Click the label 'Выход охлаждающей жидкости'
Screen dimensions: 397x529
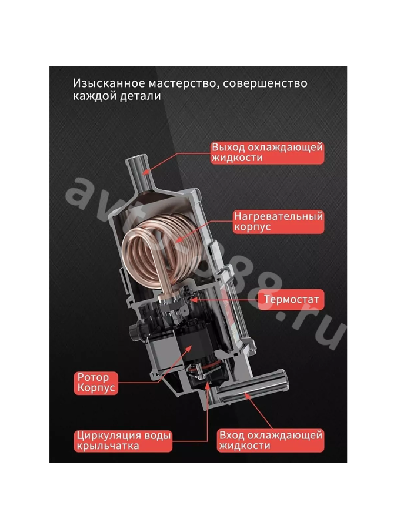[x=268, y=153]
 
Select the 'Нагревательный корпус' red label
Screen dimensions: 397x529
[x=279, y=222]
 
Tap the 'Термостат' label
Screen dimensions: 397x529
[x=291, y=299]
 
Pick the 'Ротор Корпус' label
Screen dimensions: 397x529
[x=96, y=383]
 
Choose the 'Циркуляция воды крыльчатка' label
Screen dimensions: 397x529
[x=124, y=441]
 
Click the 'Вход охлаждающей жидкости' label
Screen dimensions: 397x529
[x=271, y=440]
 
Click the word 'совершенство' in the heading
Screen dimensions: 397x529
[x=265, y=83]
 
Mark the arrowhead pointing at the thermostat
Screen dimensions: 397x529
[x=194, y=299]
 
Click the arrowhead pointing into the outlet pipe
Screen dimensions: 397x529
[x=146, y=172]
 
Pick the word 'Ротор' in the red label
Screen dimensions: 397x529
[x=93, y=377]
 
